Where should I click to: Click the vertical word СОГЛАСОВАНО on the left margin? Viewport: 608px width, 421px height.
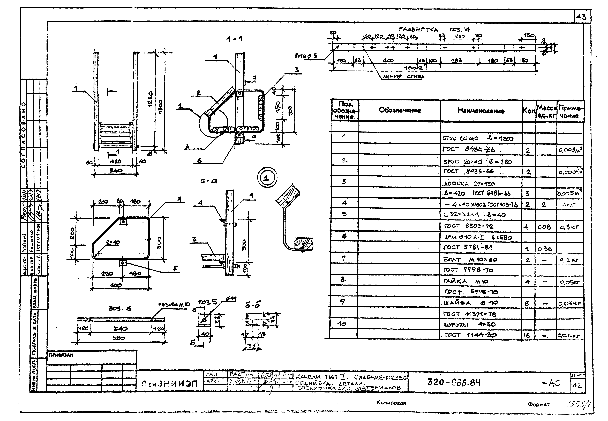[x=24, y=135]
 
